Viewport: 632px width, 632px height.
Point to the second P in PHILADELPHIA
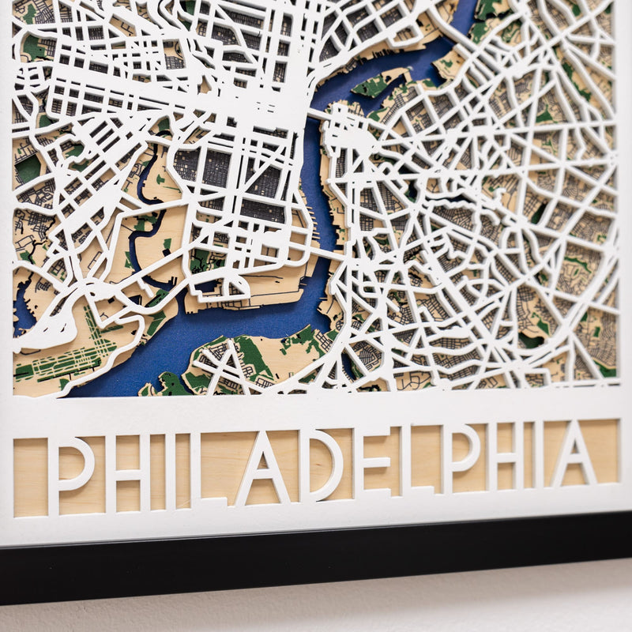(x=459, y=458)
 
